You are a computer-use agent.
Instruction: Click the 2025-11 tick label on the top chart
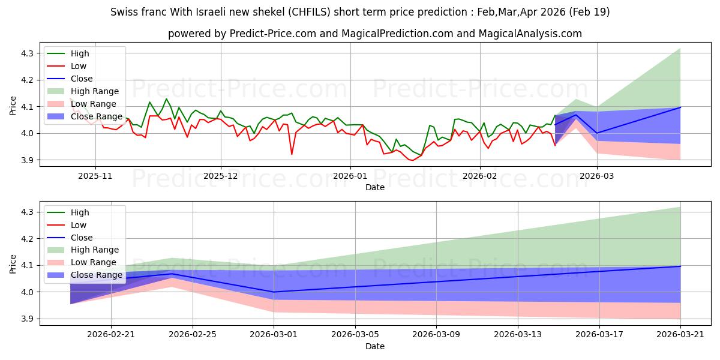[95, 176]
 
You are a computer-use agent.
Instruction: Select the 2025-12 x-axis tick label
[221, 176]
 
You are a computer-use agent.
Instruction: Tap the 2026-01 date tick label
[350, 176]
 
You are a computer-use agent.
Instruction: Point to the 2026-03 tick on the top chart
[597, 176]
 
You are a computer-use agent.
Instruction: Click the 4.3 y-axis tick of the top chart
[28, 53]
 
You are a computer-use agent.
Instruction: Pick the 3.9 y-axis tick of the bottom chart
[28, 319]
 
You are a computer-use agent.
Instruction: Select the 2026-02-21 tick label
[111, 335]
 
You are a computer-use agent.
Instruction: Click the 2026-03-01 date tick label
[274, 335]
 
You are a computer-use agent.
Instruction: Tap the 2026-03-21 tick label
[680, 335]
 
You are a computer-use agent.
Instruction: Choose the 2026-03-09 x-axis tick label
[437, 335]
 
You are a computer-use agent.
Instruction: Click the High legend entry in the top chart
[80, 53]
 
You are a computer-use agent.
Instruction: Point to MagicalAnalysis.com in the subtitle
[530, 34]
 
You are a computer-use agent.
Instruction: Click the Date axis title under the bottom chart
[375, 346]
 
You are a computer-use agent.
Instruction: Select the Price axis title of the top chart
[13, 106]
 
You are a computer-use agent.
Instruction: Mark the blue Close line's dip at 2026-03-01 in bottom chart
[274, 292]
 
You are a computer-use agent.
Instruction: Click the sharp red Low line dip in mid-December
[292, 154]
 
